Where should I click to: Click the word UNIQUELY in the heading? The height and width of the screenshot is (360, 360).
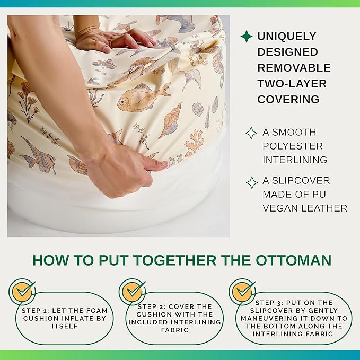287,36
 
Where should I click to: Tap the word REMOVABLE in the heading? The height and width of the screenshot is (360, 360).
294,68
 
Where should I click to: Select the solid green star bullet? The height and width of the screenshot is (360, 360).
247,36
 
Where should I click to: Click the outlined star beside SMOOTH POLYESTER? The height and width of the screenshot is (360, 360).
251,133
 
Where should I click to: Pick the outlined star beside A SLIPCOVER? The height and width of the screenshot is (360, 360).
252,183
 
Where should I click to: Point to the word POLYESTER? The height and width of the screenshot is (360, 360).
293,146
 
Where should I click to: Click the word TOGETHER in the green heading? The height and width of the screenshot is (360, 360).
175,260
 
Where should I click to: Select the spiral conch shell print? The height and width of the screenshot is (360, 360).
171,121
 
